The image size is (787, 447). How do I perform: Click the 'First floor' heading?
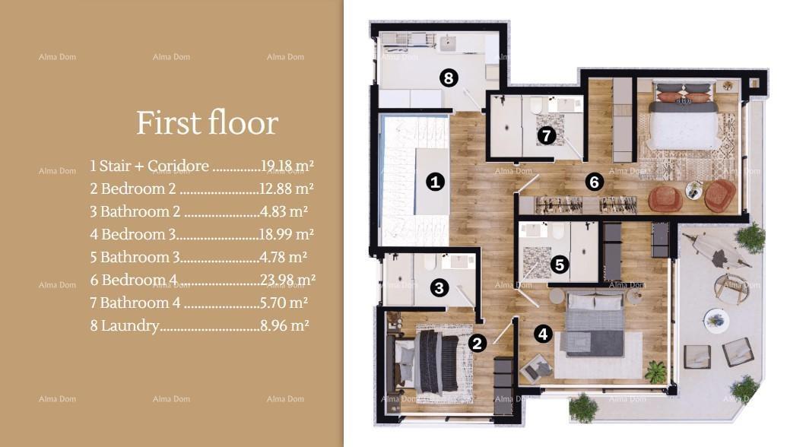[x=207, y=122]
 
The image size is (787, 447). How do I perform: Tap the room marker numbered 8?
[x=448, y=78]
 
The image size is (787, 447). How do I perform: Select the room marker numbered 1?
[x=435, y=182]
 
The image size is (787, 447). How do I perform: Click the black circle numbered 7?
[x=547, y=136]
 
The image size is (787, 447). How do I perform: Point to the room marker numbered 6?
[x=595, y=182]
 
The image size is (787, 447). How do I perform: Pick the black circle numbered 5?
[x=559, y=265]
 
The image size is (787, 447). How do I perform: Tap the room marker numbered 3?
[x=439, y=288]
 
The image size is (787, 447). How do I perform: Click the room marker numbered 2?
[x=477, y=343]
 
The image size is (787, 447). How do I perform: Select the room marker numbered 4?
[x=541, y=333]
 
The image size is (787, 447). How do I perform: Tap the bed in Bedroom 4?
[x=682, y=122]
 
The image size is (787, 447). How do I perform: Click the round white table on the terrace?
[x=716, y=321]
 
